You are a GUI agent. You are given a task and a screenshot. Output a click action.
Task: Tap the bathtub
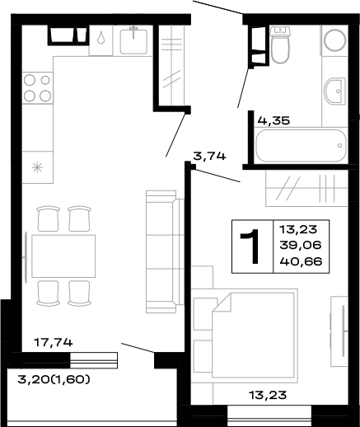pos(300,148)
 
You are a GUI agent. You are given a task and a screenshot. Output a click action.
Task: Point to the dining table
pos(63,256)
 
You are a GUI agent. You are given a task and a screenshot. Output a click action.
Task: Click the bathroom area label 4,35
pos(274,120)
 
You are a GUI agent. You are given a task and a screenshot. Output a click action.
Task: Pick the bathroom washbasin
pos(337,91)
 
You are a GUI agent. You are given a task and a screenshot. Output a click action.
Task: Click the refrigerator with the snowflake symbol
pos(36,167)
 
